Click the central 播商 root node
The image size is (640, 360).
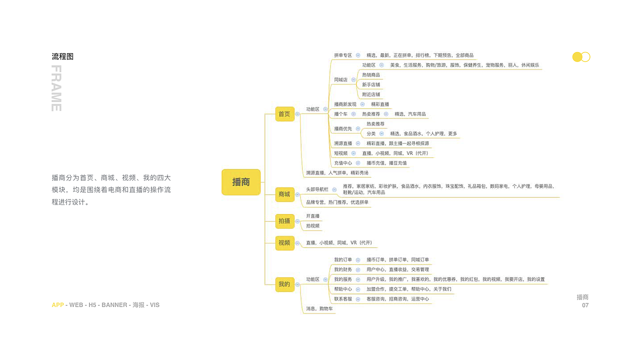pos(241,182)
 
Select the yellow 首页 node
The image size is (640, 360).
pos(284,114)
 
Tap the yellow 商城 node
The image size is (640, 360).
pos(284,194)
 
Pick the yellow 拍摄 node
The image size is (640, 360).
pos(284,220)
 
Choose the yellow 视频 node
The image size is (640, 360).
pos(284,243)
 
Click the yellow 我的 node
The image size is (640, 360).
pos(284,284)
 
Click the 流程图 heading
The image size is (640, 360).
pos(62,56)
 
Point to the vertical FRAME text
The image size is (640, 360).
pos(56,88)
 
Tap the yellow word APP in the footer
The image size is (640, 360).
pos(57,305)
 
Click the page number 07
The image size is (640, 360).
pos(585,305)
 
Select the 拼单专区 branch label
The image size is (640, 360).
pos(343,55)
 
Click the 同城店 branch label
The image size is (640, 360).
pos(340,79)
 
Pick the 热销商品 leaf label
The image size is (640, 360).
pos(371,75)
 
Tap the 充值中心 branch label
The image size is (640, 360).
pos(343,163)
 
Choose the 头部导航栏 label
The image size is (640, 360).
pos(317,189)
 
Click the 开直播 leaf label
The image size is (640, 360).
pos(312,216)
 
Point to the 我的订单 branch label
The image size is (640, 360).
pos(343,260)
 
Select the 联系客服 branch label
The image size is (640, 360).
pos(343,299)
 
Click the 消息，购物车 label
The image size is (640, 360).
pos(319,309)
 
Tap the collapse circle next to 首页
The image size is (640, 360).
pos(297,114)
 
